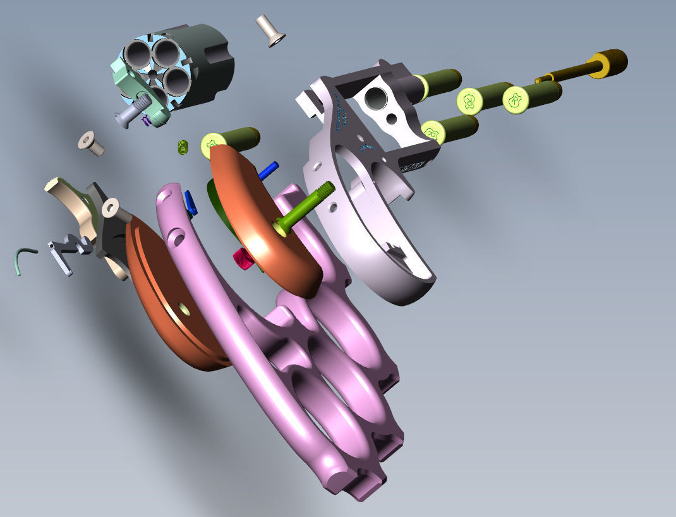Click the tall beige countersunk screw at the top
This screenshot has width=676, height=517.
pos(270,30)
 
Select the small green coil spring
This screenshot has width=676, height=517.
pos(183,147)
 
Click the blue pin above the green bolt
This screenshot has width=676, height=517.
pos(269,169)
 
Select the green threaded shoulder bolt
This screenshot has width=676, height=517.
pos(303,206)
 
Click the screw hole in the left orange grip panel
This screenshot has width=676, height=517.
pos(184,308)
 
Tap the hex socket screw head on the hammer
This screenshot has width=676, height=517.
pos(112,208)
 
